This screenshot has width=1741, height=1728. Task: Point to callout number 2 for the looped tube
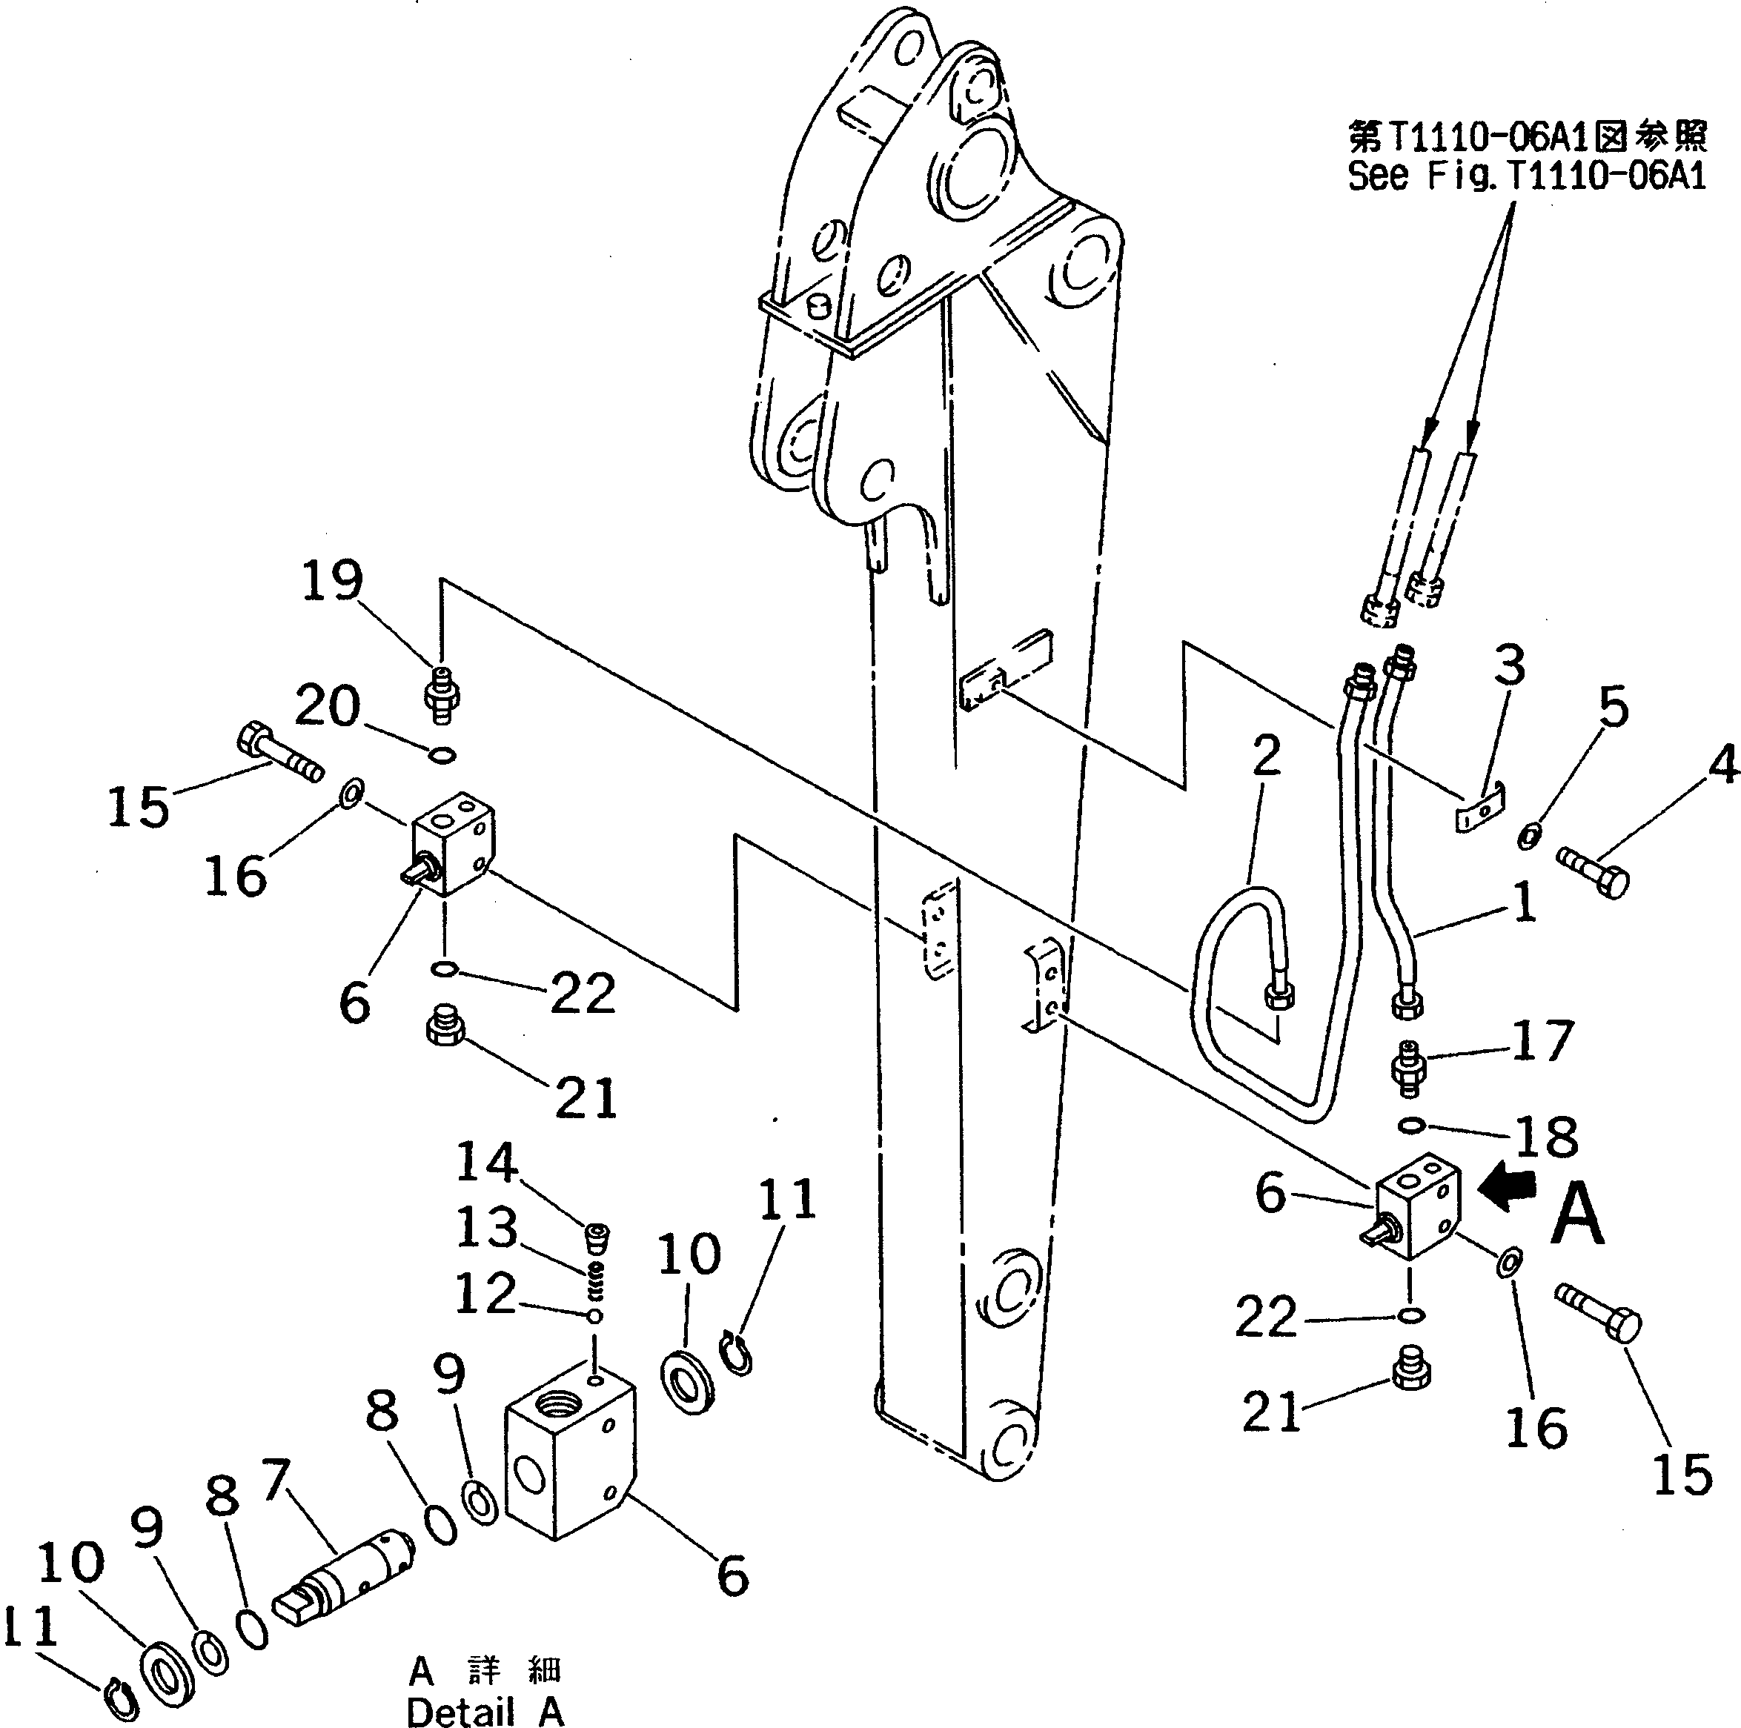[x=1266, y=756]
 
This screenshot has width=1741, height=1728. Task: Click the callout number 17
[x=1544, y=1040]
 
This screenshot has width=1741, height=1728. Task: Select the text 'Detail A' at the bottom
[x=485, y=1712]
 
